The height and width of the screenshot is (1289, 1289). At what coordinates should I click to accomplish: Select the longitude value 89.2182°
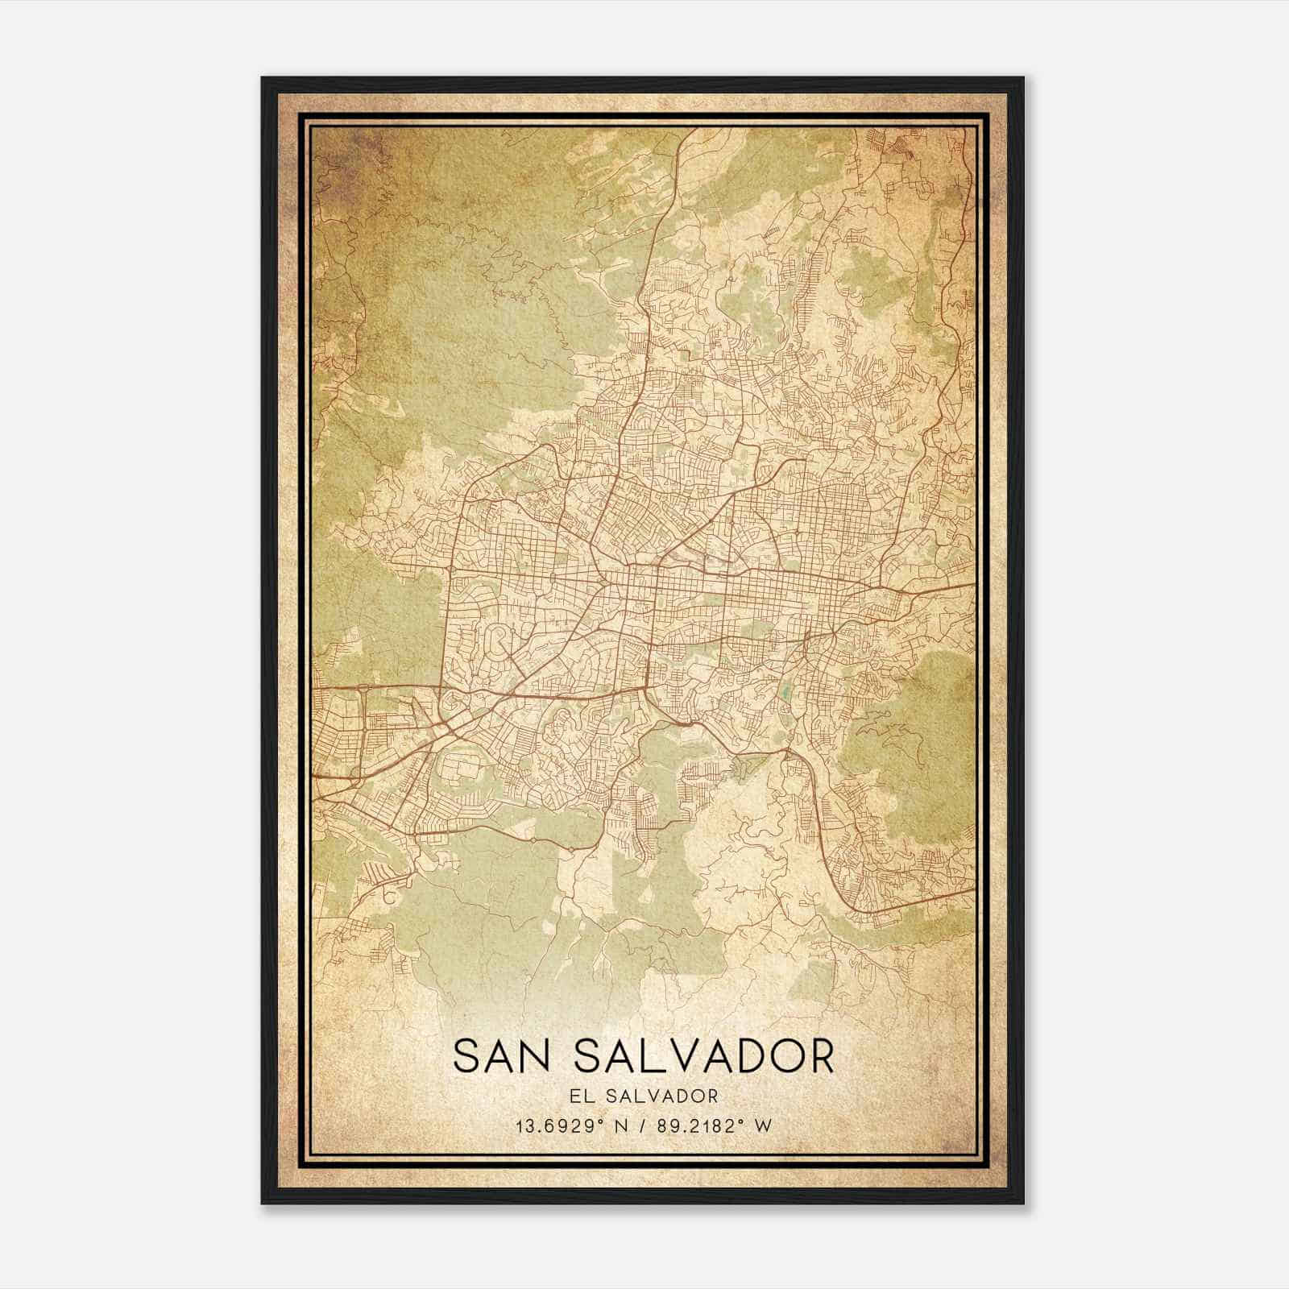pos(696,1125)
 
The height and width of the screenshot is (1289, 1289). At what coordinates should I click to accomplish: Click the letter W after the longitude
pos(762,1125)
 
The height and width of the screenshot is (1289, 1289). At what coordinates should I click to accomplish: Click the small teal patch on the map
pos(785,691)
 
